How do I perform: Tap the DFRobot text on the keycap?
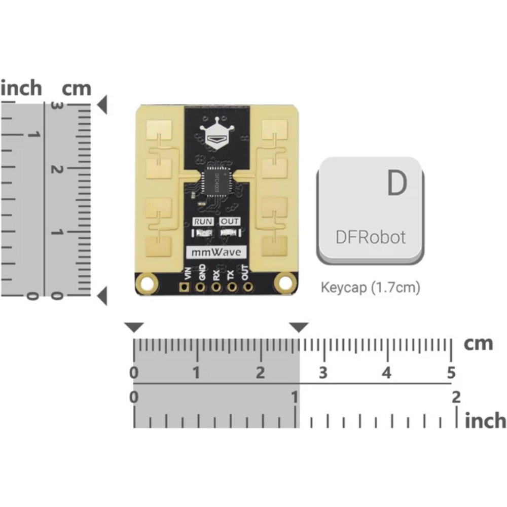tap(371, 237)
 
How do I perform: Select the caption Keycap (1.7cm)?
tap(370, 287)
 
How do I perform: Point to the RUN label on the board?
tap(203, 221)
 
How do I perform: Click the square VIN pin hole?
tap(184, 287)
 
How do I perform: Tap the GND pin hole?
tap(200, 287)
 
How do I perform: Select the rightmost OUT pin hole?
tap(248, 287)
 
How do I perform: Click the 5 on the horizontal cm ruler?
tap(451, 373)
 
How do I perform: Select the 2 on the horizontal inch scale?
tap(456, 397)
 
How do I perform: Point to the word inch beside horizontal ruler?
tap(485, 420)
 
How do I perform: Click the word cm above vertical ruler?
tap(77, 88)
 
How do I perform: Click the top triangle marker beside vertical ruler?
tap(102, 105)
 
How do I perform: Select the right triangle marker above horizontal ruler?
tap(299, 328)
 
